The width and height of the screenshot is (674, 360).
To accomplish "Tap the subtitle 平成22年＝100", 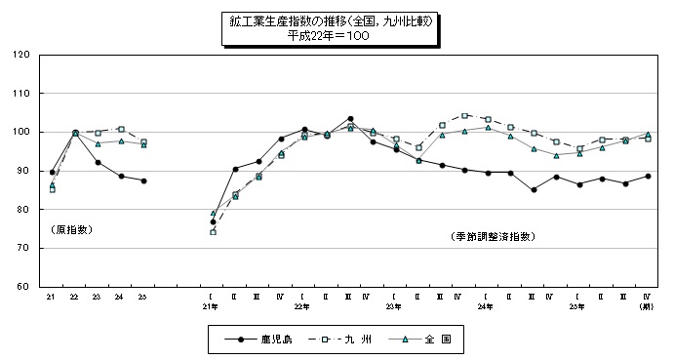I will [x=329, y=34].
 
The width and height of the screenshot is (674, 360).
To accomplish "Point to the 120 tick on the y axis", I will [x=20, y=55].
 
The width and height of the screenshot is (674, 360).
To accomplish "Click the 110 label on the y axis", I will [x=20, y=94].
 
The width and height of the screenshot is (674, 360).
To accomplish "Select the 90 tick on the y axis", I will [x=22, y=171].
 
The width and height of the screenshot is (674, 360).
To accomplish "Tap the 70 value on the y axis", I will [x=22, y=249].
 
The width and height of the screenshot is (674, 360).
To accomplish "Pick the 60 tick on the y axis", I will [x=22, y=287].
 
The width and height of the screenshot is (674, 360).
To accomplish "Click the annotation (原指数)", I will [x=71, y=230].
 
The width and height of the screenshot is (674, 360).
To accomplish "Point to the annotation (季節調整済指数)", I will [x=494, y=237].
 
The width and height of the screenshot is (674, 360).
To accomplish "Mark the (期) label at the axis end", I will [x=647, y=306].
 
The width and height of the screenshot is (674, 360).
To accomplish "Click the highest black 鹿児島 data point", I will [x=349, y=119].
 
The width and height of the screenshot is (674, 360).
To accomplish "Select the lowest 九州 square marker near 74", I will [x=213, y=232].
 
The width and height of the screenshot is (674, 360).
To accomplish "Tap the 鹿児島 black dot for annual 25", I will [x=143, y=180].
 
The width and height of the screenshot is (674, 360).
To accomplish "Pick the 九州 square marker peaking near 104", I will [x=464, y=116].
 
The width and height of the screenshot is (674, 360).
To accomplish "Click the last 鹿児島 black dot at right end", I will [x=648, y=177].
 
